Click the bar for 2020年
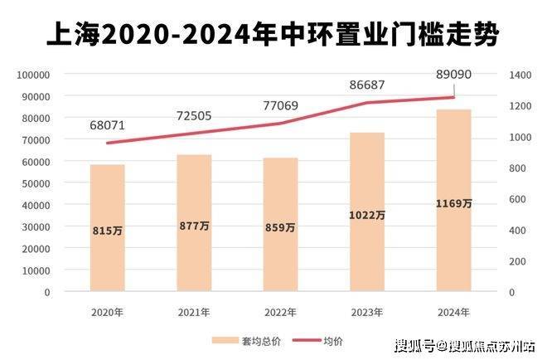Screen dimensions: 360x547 108,228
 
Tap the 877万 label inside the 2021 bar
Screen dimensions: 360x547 194,226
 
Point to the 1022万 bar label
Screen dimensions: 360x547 366,214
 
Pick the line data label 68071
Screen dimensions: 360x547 108,126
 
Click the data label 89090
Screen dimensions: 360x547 453,75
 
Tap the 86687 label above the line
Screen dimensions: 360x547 368,84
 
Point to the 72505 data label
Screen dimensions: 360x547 194,116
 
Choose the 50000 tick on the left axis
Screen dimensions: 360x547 37,183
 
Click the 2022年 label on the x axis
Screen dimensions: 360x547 280,312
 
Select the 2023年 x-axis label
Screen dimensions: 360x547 366,312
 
